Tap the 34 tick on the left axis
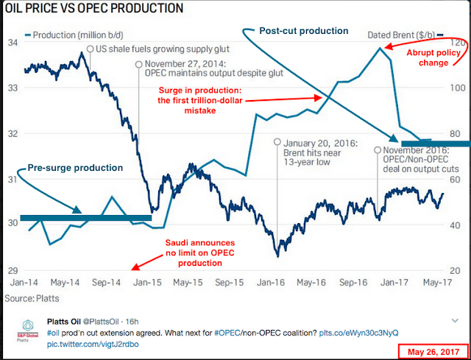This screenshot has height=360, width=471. tap(13, 42)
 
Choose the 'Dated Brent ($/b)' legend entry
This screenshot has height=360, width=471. tap(403, 34)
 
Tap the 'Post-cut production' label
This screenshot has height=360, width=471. tap(304, 31)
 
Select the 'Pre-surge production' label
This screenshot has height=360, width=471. tap(75, 168)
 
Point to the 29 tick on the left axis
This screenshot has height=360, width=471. tap(13, 270)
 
